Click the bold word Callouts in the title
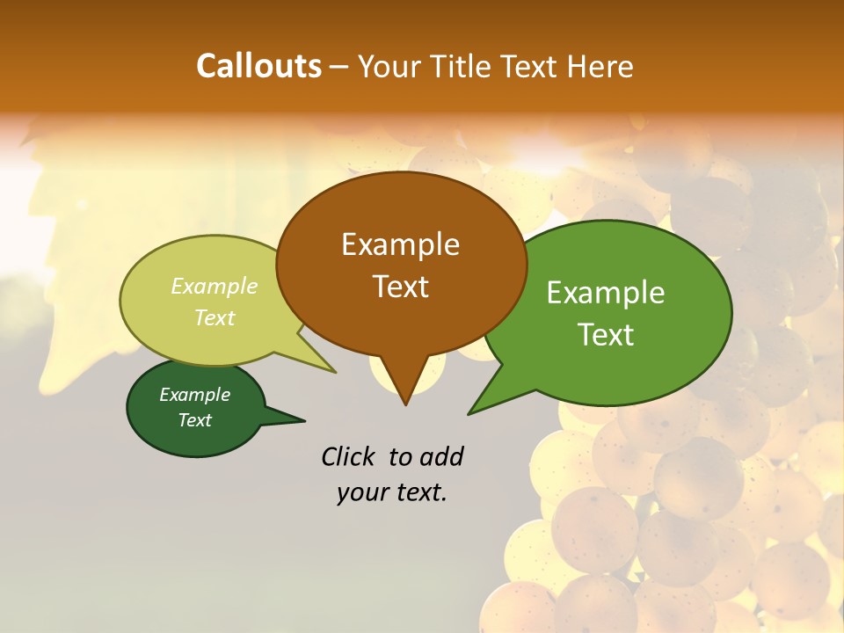258,66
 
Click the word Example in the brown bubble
400,244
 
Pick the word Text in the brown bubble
400,287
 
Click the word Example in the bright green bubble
606,293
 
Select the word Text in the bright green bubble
606,335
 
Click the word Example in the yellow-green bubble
215,286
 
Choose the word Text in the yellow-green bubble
215,317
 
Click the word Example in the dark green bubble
194,395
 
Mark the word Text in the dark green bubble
194,420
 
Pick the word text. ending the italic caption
418,493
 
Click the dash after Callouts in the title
339,67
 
